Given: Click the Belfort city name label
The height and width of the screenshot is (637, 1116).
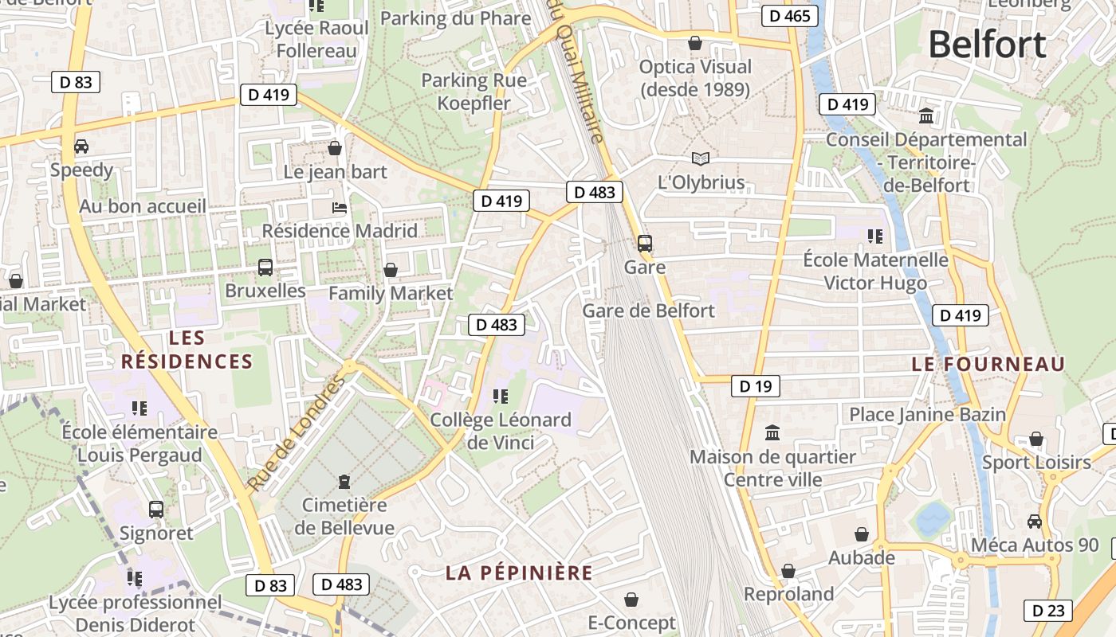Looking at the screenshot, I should pos(987,45).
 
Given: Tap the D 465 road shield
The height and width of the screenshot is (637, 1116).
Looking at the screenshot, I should pos(789,16).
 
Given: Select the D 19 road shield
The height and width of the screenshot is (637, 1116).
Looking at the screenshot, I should pos(755,387).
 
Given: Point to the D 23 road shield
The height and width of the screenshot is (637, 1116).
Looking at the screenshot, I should pos(1048,611).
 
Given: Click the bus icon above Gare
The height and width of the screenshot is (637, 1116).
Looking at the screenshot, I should pos(644,244).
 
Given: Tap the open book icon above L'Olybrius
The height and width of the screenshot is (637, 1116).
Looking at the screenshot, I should pos(700,158).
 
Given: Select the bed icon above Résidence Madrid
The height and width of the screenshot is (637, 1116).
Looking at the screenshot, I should pos(340,208).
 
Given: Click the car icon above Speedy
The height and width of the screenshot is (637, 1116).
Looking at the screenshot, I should pos(81,147).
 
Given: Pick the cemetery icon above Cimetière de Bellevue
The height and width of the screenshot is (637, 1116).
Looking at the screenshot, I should pos(344,482).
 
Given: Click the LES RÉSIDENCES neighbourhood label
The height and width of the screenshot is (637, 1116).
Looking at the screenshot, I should pos(187,350).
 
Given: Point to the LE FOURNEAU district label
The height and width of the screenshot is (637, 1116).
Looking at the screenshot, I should pos(988,365).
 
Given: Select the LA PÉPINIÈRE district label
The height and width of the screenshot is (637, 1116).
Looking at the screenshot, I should pos(519,573).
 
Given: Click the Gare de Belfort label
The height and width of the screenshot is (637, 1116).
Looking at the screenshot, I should pos(649,311).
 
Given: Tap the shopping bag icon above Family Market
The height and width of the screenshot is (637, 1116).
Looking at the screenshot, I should pos(391,270).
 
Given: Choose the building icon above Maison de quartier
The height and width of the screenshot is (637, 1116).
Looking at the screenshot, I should pos(772,433).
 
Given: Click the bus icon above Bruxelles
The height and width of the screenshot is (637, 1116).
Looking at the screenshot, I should pos(265,268).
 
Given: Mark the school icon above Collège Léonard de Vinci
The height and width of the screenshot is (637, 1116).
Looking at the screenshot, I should pos(501,397).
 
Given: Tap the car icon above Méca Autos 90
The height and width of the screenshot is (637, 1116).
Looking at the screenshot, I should pos(1035,522).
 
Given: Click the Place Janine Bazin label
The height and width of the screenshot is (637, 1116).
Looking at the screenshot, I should pos(927,415).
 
